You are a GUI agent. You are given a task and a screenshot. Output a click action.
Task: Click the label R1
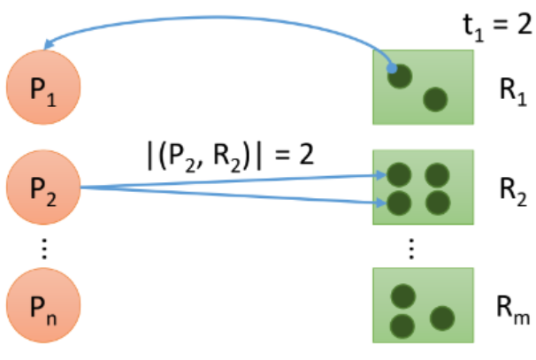[x=509, y=88]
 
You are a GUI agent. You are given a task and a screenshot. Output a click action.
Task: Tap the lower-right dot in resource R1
[x=434, y=100]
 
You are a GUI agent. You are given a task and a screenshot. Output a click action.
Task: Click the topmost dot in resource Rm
[x=404, y=295]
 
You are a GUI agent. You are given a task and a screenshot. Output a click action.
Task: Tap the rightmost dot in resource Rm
[x=441, y=317]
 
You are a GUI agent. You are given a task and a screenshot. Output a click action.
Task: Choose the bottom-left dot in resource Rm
[x=403, y=324]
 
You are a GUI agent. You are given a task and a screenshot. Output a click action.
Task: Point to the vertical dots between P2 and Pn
[x=44, y=251]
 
